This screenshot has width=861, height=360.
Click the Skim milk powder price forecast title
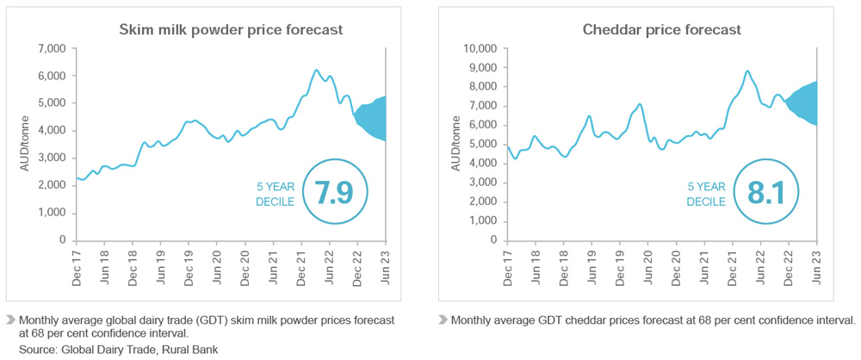[x=230, y=30]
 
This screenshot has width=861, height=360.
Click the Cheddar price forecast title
[x=661, y=30]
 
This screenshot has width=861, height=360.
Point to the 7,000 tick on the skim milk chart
[x=51, y=48]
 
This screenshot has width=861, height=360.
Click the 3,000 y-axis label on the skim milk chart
[x=51, y=158]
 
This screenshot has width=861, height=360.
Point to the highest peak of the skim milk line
[x=316, y=70]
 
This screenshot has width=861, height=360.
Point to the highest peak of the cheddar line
[x=747, y=71]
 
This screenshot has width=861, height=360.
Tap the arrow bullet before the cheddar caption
[x=443, y=320]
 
